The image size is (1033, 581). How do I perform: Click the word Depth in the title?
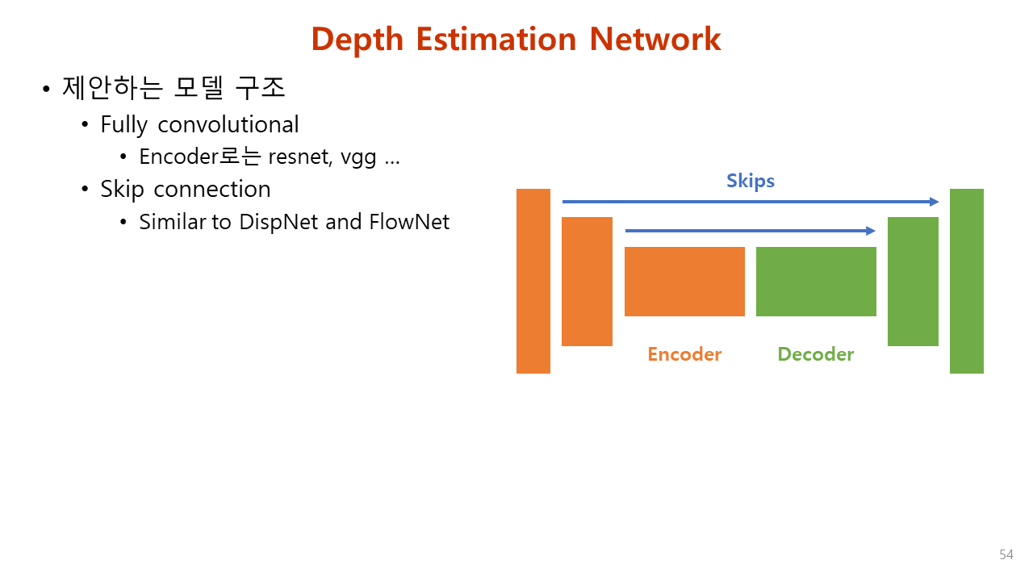coord(358,40)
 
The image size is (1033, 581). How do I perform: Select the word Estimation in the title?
coord(496,39)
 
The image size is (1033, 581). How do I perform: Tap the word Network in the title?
coord(655,39)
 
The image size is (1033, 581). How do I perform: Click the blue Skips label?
coord(751,182)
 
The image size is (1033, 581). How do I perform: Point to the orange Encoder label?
coord(684,354)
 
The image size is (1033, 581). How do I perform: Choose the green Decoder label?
coord(816,354)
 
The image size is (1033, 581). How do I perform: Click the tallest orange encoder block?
coord(533,281)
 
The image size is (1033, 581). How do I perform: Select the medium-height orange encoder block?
coord(587,282)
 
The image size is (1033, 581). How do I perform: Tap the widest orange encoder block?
coord(684,282)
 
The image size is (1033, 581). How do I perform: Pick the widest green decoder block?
coord(816,282)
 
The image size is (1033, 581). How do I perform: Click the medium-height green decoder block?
coord(913,282)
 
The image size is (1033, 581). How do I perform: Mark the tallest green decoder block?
coord(967,281)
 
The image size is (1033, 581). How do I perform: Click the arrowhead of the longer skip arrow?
coord(935,202)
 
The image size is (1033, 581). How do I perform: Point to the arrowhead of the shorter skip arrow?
coord(871,231)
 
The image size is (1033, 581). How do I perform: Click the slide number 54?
coord(1006,554)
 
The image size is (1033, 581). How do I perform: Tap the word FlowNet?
coord(409,222)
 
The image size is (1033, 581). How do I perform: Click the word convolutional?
coord(228,124)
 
